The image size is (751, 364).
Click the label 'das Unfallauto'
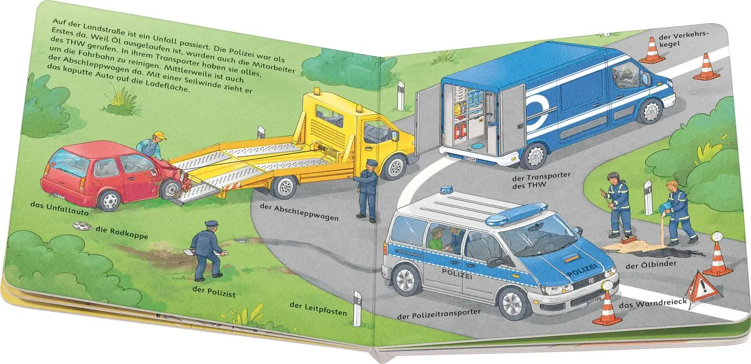click(59, 208)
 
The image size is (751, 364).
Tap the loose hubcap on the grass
click(82, 226)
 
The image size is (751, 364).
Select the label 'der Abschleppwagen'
click(299, 212)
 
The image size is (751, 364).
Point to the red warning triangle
click(702, 288)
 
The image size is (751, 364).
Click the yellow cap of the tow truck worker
click(159, 135)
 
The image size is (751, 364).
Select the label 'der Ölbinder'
click(646, 265)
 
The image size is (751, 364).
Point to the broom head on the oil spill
click(629, 240)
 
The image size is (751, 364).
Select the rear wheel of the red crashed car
click(109, 201)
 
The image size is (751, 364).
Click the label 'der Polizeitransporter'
click(438, 314)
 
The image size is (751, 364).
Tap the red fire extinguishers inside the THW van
click(460, 130)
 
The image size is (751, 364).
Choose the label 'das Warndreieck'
click(653, 304)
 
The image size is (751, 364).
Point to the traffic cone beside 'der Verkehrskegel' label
click(652, 50)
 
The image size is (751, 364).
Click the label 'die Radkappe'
click(122, 233)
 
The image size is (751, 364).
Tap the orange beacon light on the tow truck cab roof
click(317, 91)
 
